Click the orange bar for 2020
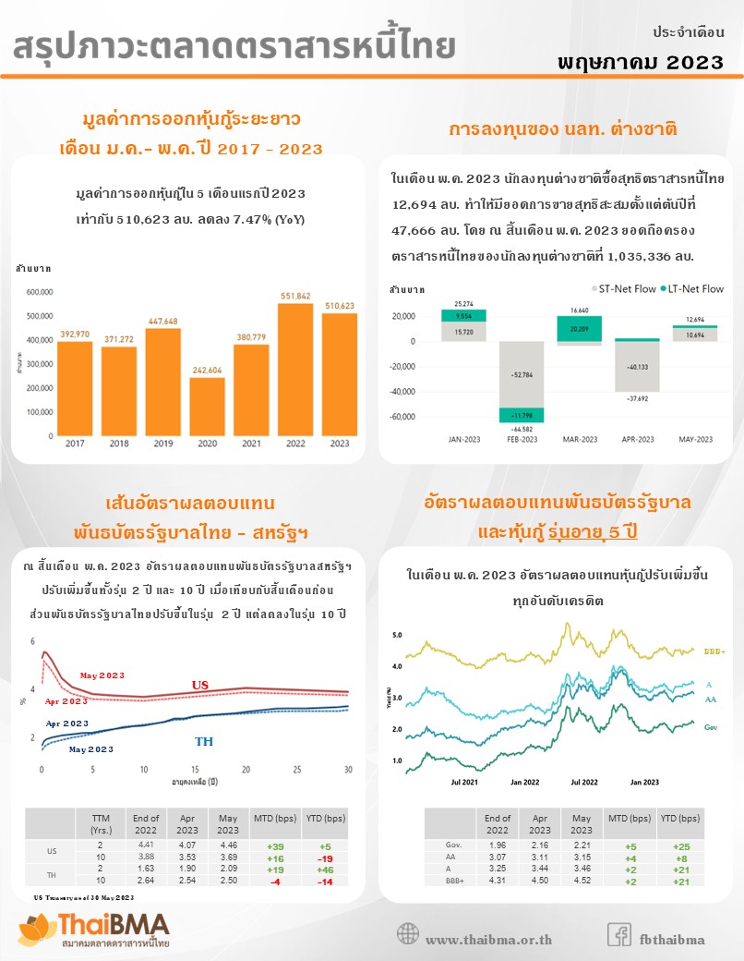pyautogui.click(x=207, y=407)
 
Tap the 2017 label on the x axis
pyautogui.click(x=75, y=444)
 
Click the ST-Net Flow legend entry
pyautogui.click(x=623, y=288)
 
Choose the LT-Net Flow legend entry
pyautogui.click(x=691, y=288)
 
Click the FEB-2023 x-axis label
pyautogui.click(x=522, y=439)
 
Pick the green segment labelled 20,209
pyautogui.click(x=580, y=328)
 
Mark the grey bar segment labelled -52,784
pyautogui.click(x=522, y=374)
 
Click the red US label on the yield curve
pyautogui.click(x=200, y=685)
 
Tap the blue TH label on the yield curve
pyautogui.click(x=204, y=741)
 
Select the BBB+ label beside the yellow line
pyautogui.click(x=714, y=651)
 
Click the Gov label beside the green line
pyautogui.click(x=711, y=728)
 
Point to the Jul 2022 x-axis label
pyautogui.click(x=584, y=782)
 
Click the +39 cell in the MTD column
pyautogui.click(x=274, y=846)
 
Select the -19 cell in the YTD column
pyautogui.click(x=324, y=858)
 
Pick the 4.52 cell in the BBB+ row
pyautogui.click(x=582, y=882)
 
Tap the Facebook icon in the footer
pyautogui.click(x=618, y=934)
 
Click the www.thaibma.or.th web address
pyautogui.click(x=488, y=940)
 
